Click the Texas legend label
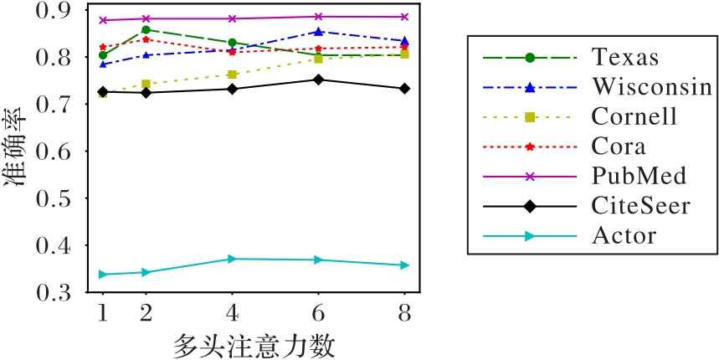click(x=624, y=58)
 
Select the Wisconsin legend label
click(x=651, y=86)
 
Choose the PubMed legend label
click(x=639, y=176)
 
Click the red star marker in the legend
click(x=530, y=147)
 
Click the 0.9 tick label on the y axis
click(x=64, y=11)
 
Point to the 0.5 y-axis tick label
click(x=64, y=200)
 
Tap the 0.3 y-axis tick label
click(x=64, y=294)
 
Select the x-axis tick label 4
click(x=233, y=312)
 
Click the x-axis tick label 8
click(x=403, y=312)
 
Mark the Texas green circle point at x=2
click(x=146, y=30)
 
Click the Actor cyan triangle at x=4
click(x=233, y=259)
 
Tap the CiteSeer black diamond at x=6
click(x=318, y=80)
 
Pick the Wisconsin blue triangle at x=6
click(x=318, y=32)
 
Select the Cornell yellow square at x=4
click(x=233, y=75)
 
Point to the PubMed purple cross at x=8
click(x=403, y=17)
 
